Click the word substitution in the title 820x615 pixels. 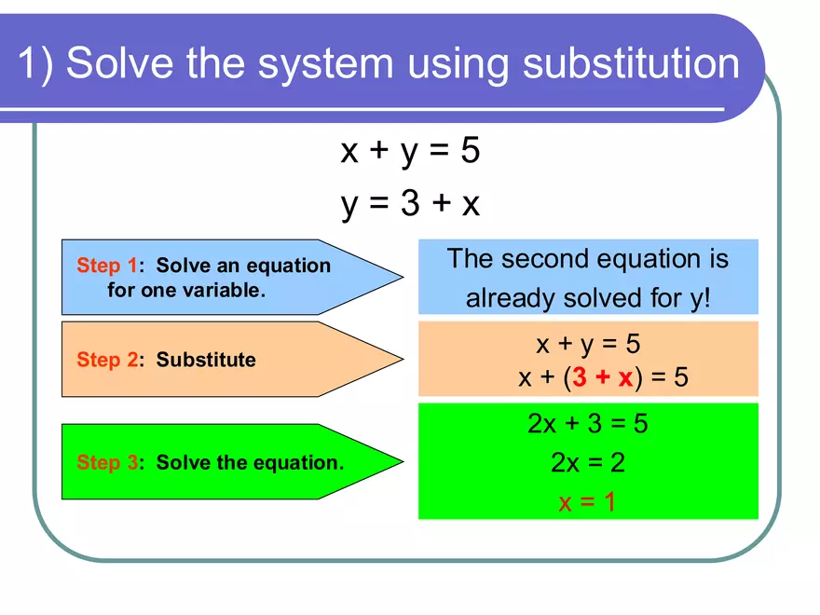pos(631,64)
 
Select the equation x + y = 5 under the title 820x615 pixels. pos(410,150)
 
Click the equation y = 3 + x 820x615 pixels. pos(410,202)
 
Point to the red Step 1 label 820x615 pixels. pos(106,266)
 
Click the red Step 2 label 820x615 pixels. pos(106,360)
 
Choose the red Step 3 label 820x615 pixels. pos(106,462)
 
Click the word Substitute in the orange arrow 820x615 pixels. pos(206,360)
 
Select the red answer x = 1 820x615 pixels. pos(587,503)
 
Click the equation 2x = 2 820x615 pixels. pos(587,463)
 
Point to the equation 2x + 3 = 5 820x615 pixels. pos(587,424)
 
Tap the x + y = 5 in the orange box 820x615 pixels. pos(587,345)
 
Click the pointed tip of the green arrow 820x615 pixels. pos(402,462)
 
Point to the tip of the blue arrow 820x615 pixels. pos(402,277)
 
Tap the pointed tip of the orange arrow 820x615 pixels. pos(402,360)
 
